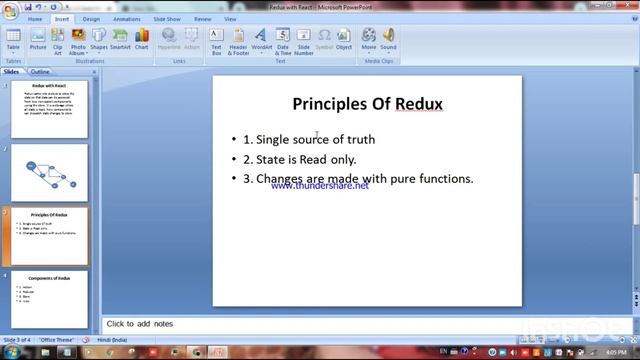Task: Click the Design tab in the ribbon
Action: tap(91, 18)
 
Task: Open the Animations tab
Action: tap(127, 18)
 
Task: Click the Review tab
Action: tap(203, 18)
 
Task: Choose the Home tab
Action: tap(36, 18)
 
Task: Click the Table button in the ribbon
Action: tap(13, 40)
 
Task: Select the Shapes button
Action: tap(99, 40)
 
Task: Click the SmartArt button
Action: tap(120, 40)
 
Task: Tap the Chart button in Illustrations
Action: tap(142, 40)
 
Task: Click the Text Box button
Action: tap(216, 40)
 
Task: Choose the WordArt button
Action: tap(262, 40)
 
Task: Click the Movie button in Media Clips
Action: tap(369, 40)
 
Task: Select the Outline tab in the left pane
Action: tap(40, 72)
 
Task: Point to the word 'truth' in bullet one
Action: tap(361, 139)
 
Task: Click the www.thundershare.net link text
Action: tap(319, 186)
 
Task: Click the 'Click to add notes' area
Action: tap(140, 324)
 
